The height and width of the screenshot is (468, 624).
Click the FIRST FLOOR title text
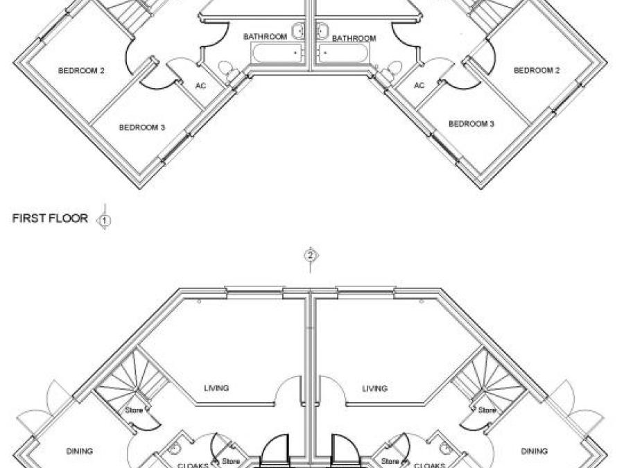pos(50,218)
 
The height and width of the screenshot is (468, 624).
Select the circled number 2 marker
pos(311,255)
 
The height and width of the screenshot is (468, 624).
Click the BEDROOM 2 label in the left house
pos(81,70)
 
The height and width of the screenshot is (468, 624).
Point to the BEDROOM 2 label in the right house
pos(537,70)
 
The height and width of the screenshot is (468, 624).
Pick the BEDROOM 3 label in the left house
pos(141,128)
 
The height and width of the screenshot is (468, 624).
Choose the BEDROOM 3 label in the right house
pos(471,124)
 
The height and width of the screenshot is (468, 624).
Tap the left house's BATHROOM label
pos(265,36)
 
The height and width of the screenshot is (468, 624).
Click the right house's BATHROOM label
pos(354,39)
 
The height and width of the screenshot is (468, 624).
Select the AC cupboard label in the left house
pos(200,86)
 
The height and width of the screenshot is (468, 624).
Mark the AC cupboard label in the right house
pos(419,86)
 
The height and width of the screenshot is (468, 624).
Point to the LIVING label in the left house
pos(216,388)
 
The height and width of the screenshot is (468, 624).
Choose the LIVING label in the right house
pos(374,388)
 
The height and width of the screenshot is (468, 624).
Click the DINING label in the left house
pos(80,451)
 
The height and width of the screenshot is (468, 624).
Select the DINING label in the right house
pos(535,451)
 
